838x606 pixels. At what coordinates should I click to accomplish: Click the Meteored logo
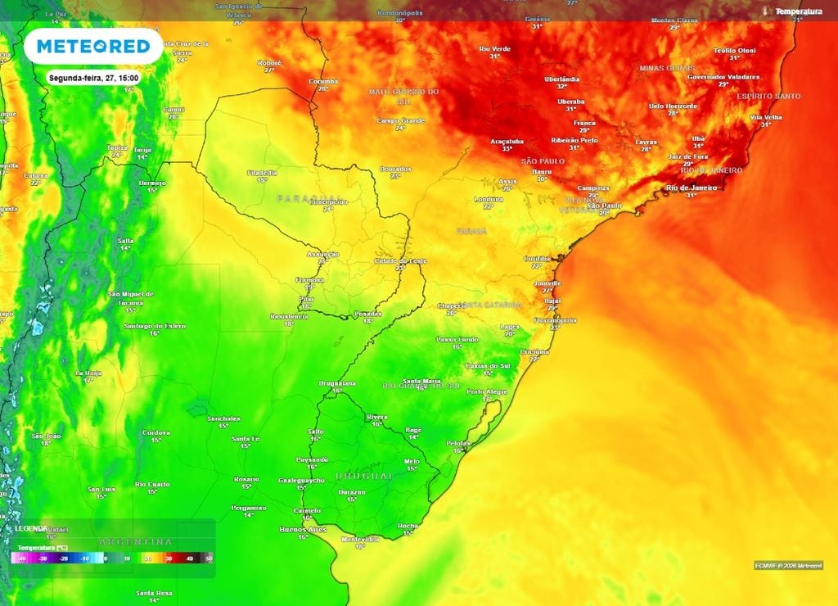pos(92,47)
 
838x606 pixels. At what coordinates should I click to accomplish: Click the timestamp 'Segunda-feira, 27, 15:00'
pos(92,78)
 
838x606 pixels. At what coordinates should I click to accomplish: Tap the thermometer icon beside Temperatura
pos(766,11)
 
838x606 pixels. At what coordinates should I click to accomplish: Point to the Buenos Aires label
pos(304,530)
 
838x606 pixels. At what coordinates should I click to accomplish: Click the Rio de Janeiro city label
pos(692,188)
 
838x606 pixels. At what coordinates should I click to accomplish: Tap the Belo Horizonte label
pos(673,106)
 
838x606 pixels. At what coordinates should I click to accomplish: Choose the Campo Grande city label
pos(400,120)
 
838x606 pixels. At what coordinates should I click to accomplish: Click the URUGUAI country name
pos(365,476)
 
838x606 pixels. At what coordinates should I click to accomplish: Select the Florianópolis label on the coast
pos(555,320)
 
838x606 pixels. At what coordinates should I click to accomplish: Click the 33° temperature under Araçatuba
pos(507,149)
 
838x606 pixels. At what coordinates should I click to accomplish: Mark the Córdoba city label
pos(155,432)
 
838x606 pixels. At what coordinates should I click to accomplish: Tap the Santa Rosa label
pos(155,592)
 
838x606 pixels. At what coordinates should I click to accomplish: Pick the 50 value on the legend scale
pos(209,557)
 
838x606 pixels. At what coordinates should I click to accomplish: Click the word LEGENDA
pos(31,529)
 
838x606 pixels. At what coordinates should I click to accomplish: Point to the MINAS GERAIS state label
pos(667,68)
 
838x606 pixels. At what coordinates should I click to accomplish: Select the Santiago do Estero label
pos(155,326)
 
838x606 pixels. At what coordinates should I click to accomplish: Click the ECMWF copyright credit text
pos(788,565)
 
